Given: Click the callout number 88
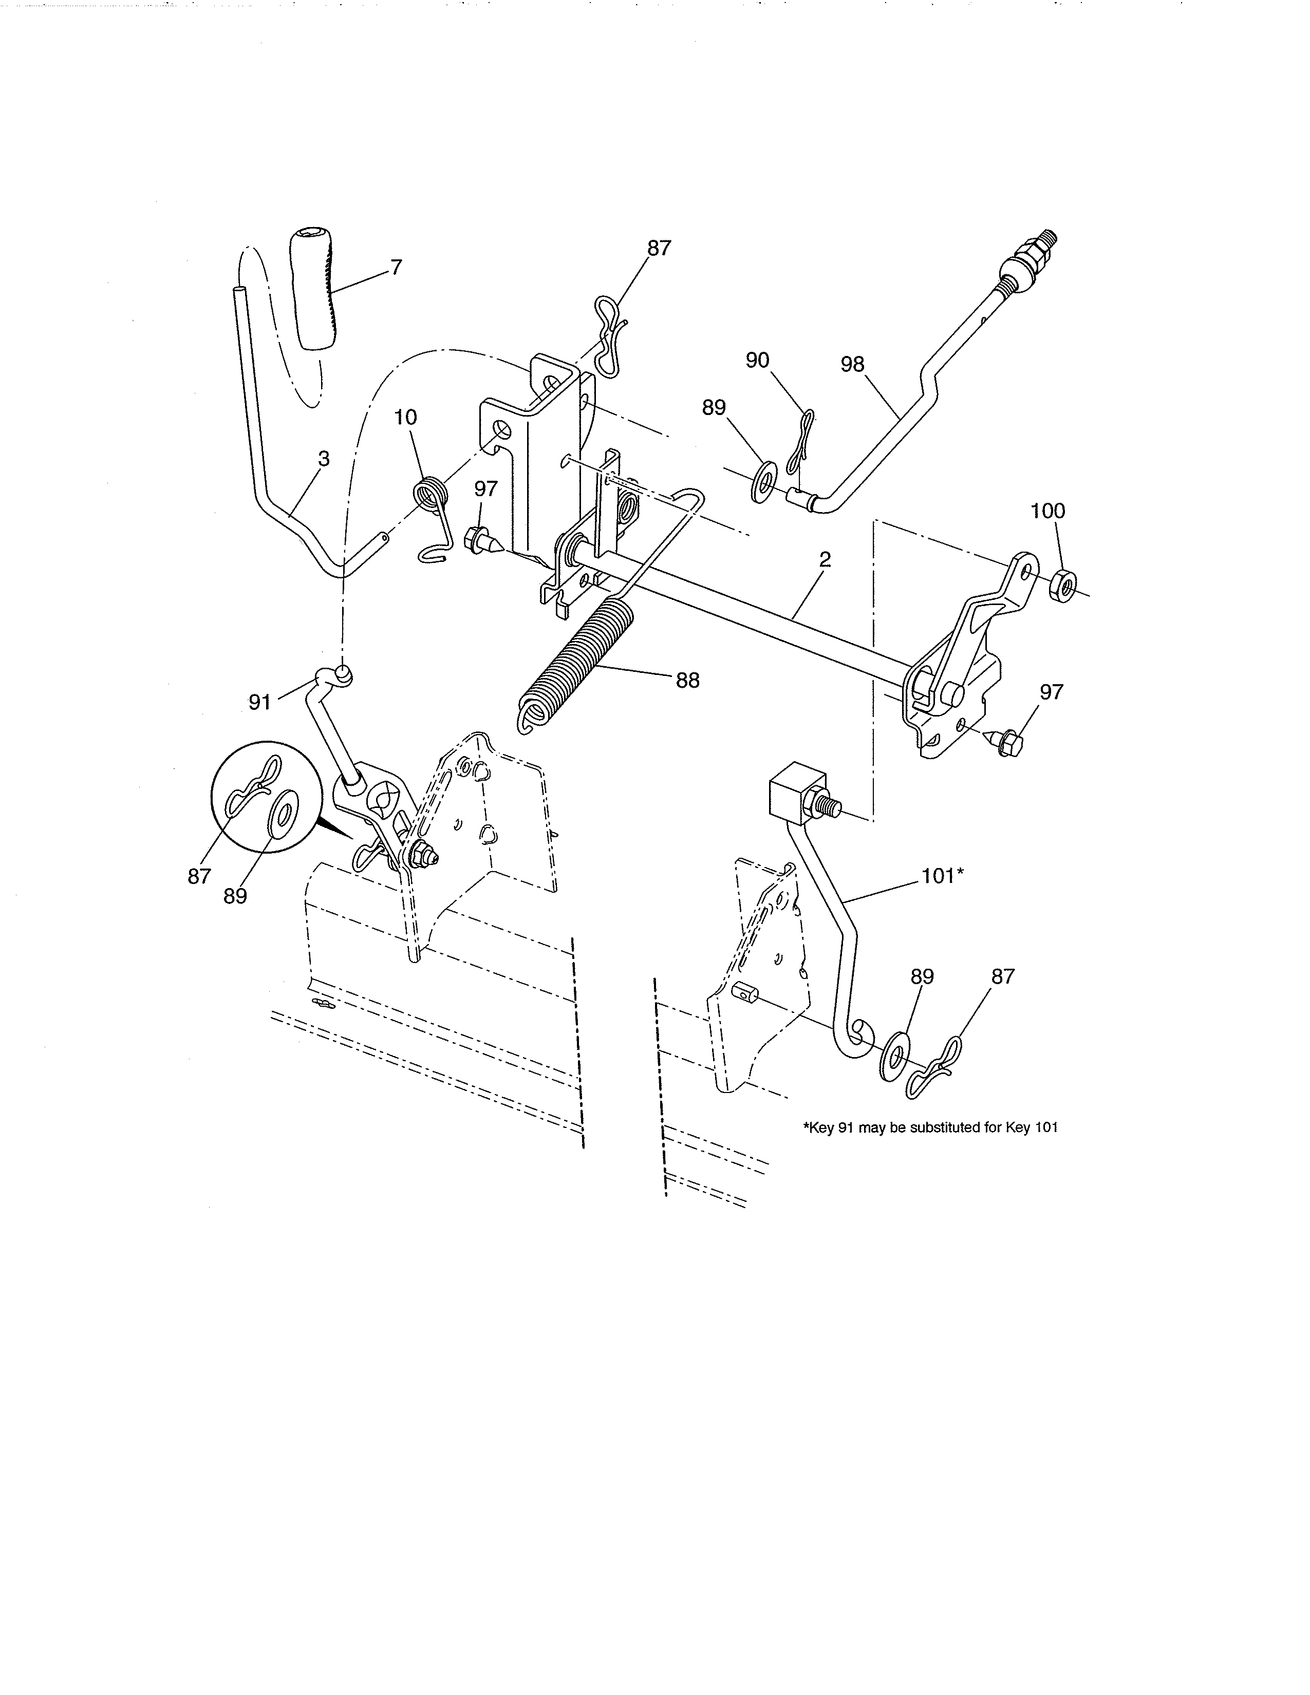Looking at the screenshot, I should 687,681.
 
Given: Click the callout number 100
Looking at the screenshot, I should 1047,511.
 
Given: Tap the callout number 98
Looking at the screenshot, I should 852,364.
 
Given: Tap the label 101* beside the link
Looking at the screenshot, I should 942,876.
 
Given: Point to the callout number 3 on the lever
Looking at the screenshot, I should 324,460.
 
